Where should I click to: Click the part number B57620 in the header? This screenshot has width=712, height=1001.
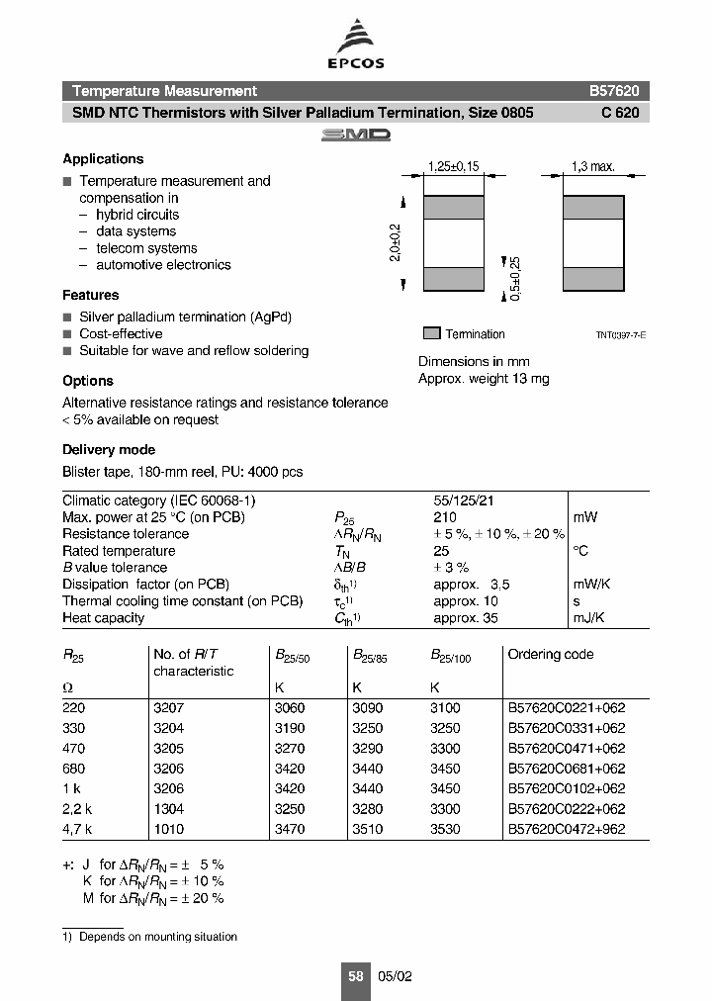click(614, 91)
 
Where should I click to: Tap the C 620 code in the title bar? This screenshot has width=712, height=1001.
click(620, 113)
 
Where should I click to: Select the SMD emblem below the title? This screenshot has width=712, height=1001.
click(355, 135)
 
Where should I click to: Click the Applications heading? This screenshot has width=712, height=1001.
click(103, 158)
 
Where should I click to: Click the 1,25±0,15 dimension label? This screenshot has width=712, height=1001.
click(453, 167)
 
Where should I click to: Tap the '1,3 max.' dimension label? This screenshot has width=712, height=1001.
click(593, 167)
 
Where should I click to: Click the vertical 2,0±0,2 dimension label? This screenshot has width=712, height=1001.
click(397, 242)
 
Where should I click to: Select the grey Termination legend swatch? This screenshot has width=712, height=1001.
click(431, 333)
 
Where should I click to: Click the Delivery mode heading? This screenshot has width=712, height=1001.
click(109, 450)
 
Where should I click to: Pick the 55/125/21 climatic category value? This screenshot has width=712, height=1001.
click(464, 500)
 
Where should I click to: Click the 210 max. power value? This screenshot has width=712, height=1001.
click(445, 517)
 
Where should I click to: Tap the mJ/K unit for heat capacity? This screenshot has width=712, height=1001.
click(590, 618)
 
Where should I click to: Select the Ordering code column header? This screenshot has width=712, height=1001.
click(551, 654)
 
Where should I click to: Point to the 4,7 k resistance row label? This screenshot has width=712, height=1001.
click(76, 829)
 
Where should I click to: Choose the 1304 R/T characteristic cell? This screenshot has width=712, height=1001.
click(168, 809)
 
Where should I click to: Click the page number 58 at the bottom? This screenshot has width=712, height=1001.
click(356, 975)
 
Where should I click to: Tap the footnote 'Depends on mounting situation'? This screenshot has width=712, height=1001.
click(158, 937)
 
